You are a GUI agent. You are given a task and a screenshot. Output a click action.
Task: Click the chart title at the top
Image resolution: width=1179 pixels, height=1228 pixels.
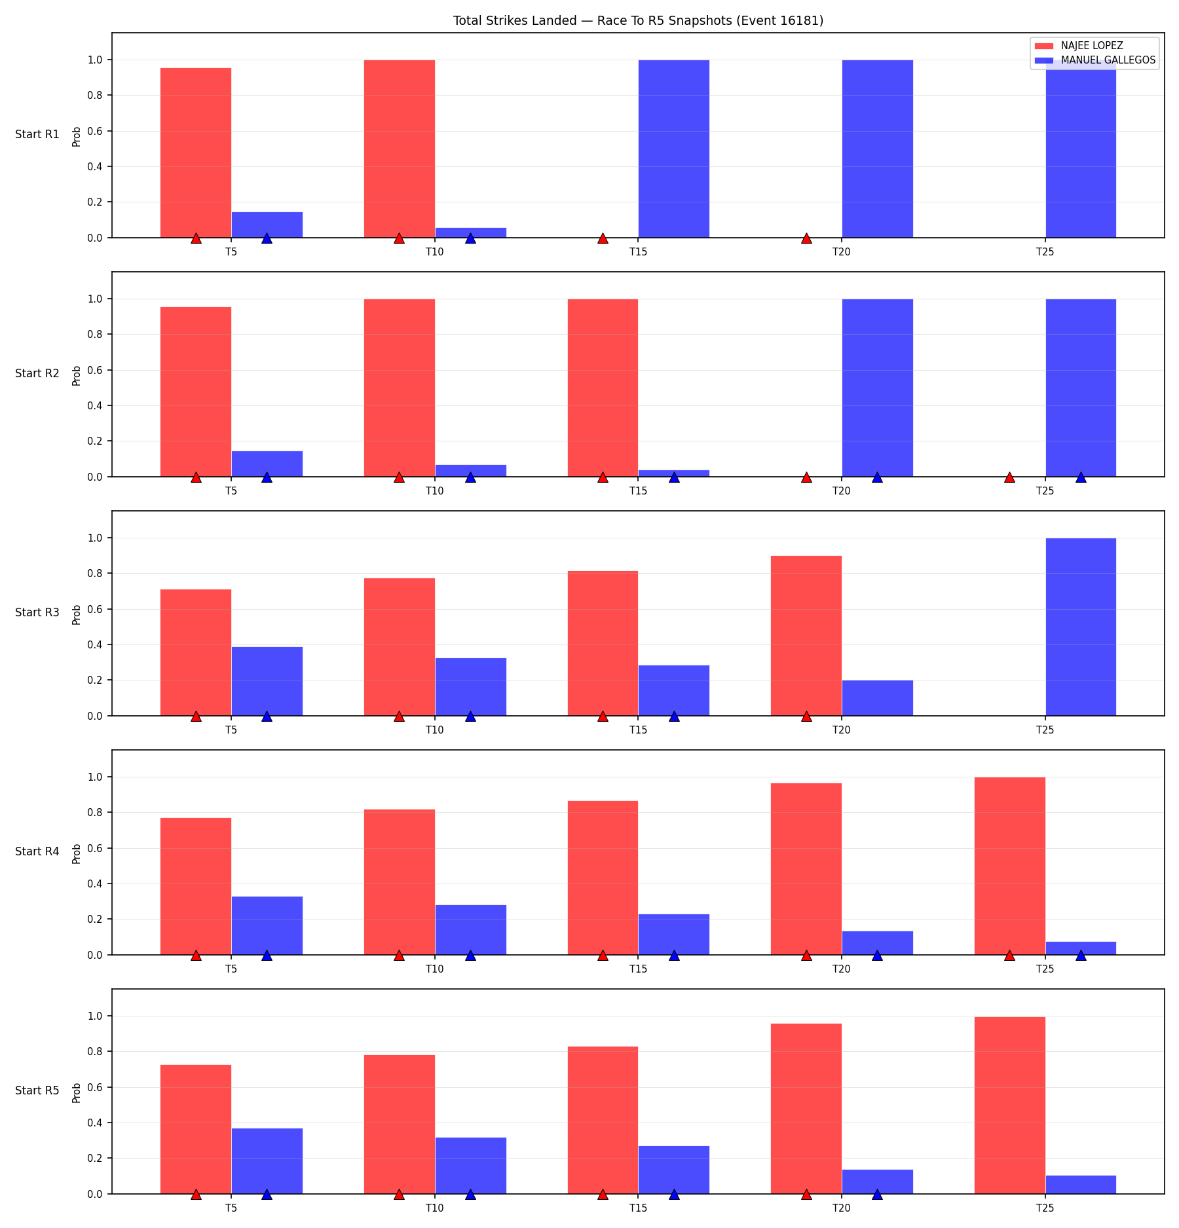638,20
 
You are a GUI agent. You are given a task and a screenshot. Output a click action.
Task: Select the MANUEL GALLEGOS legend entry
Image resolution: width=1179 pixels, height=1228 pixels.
1095,60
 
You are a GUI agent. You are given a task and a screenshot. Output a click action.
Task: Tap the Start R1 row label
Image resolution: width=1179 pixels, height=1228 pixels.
37,134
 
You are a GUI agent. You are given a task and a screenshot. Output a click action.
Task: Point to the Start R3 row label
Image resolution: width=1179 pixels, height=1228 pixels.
37,612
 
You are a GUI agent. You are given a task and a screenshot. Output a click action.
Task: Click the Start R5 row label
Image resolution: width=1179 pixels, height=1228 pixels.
37,1090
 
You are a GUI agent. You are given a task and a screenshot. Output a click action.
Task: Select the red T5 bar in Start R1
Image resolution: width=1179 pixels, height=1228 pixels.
196,153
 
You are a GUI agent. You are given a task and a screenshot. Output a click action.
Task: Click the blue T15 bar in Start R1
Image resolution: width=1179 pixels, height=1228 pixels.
674,149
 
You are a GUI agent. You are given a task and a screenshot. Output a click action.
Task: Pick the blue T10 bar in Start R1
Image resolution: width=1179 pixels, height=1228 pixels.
471,233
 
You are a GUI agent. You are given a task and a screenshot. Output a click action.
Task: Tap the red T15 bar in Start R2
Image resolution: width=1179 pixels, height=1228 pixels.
603,388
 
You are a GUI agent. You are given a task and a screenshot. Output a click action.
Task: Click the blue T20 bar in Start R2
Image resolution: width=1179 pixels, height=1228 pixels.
878,388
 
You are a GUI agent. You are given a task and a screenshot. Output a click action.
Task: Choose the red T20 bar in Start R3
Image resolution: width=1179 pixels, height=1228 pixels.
806,636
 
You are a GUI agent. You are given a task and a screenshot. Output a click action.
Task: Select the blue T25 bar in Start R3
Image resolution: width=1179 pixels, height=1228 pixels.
1081,627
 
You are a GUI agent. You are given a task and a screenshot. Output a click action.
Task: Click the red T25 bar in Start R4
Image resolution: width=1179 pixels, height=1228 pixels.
1010,866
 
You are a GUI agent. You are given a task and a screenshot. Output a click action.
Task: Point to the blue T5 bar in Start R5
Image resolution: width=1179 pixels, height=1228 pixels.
267,1161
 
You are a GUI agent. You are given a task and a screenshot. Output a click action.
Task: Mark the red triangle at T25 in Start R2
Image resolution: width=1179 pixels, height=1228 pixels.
1010,477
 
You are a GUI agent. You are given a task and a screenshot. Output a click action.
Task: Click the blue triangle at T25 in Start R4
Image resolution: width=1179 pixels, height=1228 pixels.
1081,955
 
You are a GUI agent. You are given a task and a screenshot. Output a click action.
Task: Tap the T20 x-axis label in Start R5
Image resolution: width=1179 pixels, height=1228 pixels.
842,1208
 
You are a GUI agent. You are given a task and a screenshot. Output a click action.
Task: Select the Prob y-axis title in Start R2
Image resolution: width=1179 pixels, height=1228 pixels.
77,375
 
